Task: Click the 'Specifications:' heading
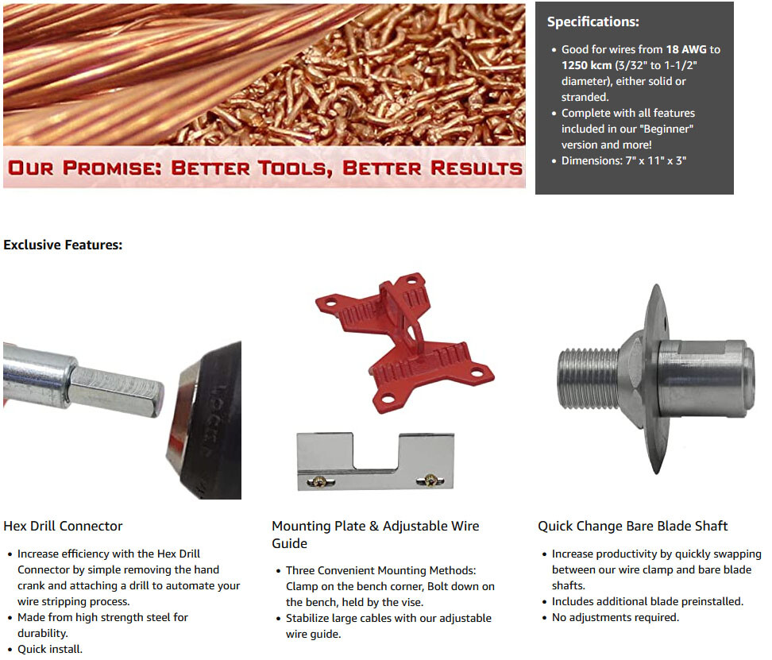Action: pyautogui.click(x=593, y=22)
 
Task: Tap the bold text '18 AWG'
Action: pyautogui.click(x=686, y=49)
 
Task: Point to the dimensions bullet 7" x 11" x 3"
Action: pyautogui.click(x=623, y=160)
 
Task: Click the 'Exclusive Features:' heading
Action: pyautogui.click(x=63, y=245)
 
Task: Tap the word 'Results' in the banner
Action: pyautogui.click(x=477, y=168)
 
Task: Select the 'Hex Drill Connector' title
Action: pyautogui.click(x=63, y=526)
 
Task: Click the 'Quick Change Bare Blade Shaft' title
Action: pyautogui.click(x=632, y=526)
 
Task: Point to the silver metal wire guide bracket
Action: pyautogui.click(x=374, y=461)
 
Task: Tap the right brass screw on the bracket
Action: pyautogui.click(x=430, y=479)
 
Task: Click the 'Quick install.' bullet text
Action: pyautogui.click(x=50, y=649)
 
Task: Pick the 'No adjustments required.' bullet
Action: pyautogui.click(x=616, y=617)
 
